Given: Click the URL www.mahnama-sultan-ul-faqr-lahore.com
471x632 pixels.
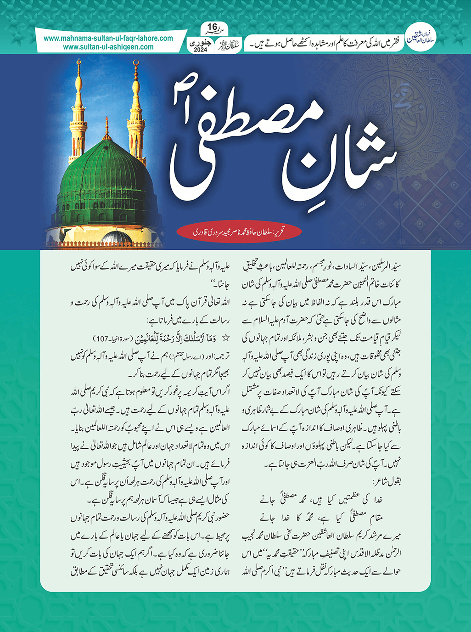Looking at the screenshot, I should (108, 39).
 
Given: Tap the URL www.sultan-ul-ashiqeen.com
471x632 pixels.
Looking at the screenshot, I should (108, 47).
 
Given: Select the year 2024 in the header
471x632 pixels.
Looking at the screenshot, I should (201, 50).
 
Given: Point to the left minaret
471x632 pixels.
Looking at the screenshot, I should (78, 115).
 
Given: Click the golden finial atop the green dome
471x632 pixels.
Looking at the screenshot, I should (107, 129).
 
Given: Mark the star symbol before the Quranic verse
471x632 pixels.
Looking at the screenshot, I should (225, 338).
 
